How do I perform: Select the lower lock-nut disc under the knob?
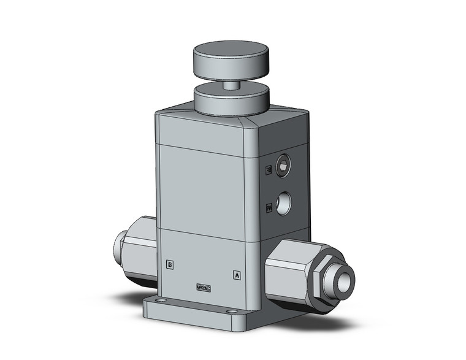click(x=231, y=99)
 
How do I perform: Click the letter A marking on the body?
click(x=237, y=275)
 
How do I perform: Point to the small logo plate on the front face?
click(x=203, y=286)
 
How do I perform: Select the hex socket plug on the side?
click(x=283, y=164)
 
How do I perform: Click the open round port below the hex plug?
click(x=283, y=203)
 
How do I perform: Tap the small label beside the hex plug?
click(x=268, y=170)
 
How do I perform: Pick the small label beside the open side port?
click(x=269, y=209)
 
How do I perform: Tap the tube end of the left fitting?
click(x=118, y=247)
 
